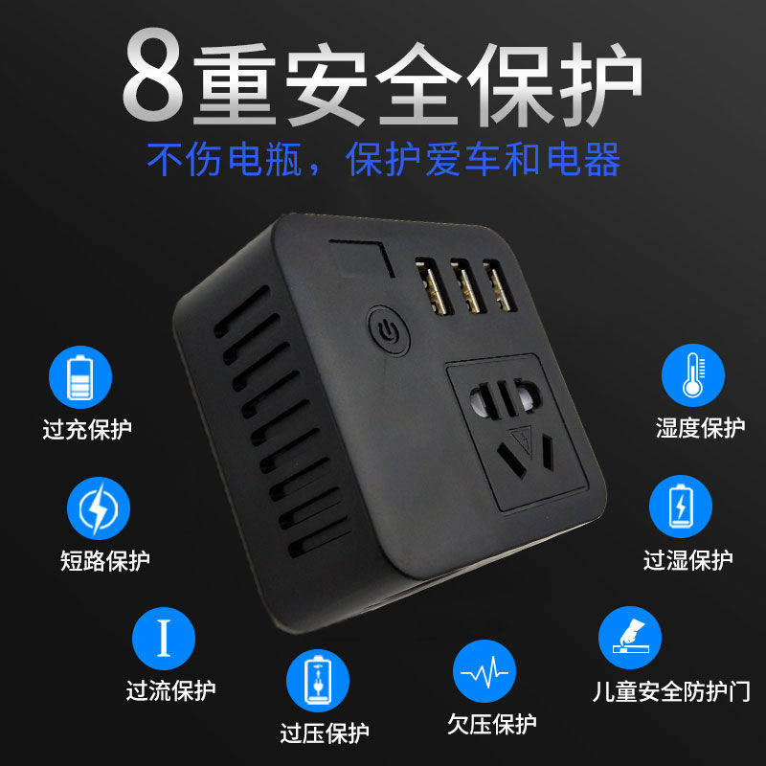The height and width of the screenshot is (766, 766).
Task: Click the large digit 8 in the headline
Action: click(152, 75)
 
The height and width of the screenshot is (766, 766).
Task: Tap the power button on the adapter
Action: click(389, 330)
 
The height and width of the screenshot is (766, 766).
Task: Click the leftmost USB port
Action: click(434, 286)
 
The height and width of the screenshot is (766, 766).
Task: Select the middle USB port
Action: click(468, 285)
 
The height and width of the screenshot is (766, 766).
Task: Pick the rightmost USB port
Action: click(500, 285)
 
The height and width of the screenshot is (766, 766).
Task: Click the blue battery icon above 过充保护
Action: click(80, 377)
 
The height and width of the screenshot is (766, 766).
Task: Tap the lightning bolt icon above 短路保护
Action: click(99, 508)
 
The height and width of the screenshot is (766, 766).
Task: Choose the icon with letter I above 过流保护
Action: click(164, 639)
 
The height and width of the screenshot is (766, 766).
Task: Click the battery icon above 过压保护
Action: click(318, 681)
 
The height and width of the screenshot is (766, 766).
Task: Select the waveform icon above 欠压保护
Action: click(484, 671)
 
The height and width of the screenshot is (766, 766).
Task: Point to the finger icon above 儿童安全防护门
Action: click(630, 638)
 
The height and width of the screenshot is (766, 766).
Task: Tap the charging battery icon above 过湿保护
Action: click(681, 507)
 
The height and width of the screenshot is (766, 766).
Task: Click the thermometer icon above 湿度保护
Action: click(693, 375)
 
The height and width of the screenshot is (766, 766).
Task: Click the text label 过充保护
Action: click(87, 430)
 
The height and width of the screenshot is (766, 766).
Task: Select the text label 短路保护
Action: click(105, 560)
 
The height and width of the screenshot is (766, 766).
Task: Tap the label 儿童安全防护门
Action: click(672, 691)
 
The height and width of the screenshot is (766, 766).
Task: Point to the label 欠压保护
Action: click(492, 724)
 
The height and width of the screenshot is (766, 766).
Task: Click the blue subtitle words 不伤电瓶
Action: click(224, 160)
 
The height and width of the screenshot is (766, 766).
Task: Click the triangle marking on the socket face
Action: click(522, 439)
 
